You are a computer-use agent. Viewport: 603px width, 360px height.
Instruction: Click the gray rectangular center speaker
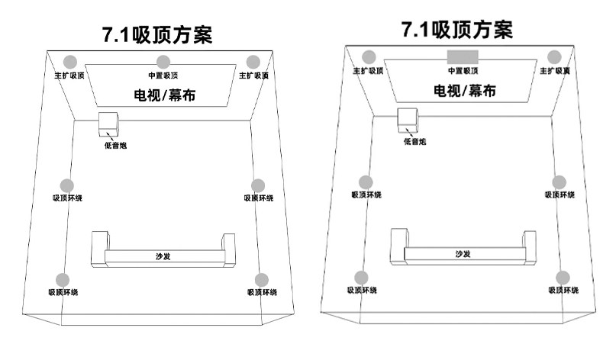[x=463, y=56]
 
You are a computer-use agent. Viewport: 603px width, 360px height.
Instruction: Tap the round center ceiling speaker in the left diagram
[x=162, y=62]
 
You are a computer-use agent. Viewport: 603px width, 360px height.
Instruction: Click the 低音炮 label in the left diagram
[x=115, y=146]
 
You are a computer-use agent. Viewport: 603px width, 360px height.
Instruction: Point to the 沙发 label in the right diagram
[x=463, y=254]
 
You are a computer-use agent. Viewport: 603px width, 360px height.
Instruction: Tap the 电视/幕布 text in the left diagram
[x=162, y=95]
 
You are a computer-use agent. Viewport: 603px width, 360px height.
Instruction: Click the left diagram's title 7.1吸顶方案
[x=157, y=34]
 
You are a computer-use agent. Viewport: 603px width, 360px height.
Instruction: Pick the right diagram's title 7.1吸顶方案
[x=457, y=30]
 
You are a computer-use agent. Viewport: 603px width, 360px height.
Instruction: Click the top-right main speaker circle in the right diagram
[x=556, y=56]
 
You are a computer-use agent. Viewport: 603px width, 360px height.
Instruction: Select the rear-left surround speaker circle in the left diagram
[x=63, y=280]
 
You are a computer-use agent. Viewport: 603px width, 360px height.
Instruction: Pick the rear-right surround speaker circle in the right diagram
[x=563, y=278]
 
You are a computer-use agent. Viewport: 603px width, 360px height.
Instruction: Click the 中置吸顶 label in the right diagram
[x=463, y=71]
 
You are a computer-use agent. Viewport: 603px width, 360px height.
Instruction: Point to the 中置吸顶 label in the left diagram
[x=163, y=76]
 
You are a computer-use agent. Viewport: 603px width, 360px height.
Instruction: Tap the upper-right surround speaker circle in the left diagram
[x=258, y=185]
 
